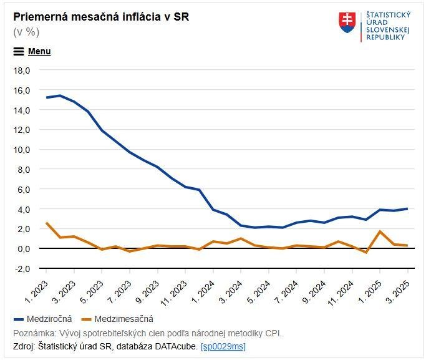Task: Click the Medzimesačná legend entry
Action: click(x=123, y=318)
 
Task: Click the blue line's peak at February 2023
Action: click(x=60, y=95)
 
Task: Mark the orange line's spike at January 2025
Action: click(x=380, y=231)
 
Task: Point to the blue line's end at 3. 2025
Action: click(x=407, y=208)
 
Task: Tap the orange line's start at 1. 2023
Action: click(x=46, y=223)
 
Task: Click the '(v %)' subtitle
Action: click(x=26, y=32)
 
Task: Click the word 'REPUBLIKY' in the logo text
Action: click(x=386, y=37)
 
